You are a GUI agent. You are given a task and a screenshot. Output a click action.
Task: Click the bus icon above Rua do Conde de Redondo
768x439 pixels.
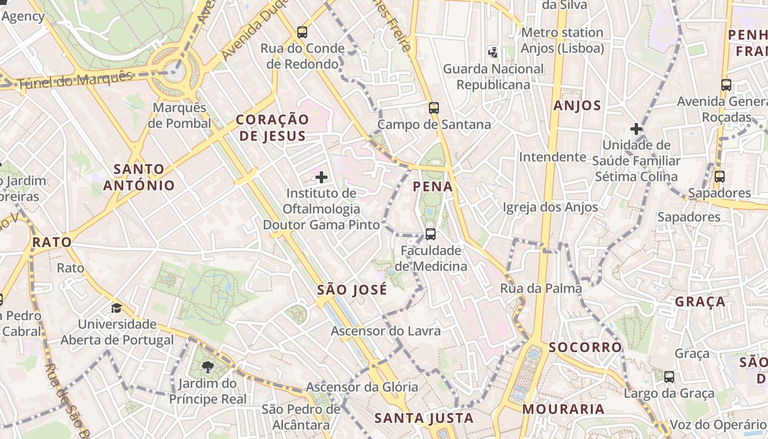pyautogui.click(x=302, y=32)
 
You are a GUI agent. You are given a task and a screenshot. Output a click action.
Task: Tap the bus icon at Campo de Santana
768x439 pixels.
pyautogui.click(x=434, y=108)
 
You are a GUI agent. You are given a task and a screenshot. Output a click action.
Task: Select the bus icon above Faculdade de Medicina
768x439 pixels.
pyautogui.click(x=431, y=234)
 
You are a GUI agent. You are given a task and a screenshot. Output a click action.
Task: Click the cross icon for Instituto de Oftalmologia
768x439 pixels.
pyautogui.click(x=321, y=177)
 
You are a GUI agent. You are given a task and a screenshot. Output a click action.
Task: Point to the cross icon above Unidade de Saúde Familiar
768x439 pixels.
pyautogui.click(x=636, y=130)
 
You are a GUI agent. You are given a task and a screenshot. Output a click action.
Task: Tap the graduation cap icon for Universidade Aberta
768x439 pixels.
pyautogui.click(x=116, y=308)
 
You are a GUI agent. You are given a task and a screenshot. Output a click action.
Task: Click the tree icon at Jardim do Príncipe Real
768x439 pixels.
pyautogui.click(x=207, y=367)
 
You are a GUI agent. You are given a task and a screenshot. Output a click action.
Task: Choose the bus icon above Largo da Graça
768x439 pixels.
pyautogui.click(x=669, y=377)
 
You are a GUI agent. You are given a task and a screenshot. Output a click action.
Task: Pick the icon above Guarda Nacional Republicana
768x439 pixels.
pyautogui.click(x=493, y=53)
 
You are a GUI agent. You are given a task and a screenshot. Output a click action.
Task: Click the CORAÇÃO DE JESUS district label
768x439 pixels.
pyautogui.click(x=273, y=128)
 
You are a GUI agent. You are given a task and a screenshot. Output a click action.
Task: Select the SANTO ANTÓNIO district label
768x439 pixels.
pyautogui.click(x=139, y=177)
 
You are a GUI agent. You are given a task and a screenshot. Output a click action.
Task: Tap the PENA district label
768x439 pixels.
pyautogui.click(x=433, y=187)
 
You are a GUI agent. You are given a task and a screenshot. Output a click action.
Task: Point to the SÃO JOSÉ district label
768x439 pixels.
pyautogui.click(x=352, y=290)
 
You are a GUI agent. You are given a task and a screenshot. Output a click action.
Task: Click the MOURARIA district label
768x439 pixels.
pyautogui.click(x=563, y=409)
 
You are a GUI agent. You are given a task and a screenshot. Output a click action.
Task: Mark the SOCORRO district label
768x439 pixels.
pyautogui.click(x=585, y=347)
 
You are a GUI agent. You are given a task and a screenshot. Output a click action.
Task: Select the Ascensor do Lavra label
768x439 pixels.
pyautogui.click(x=386, y=331)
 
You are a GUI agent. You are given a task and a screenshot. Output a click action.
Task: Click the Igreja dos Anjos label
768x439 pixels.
pyautogui.click(x=550, y=207)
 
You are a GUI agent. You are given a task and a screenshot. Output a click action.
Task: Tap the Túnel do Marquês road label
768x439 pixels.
pyautogui.click(x=75, y=80)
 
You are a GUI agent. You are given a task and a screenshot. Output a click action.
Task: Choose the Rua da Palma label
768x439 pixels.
pyautogui.click(x=541, y=289)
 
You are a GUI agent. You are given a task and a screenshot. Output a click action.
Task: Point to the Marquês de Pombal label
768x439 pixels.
pyautogui.click(x=179, y=115)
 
